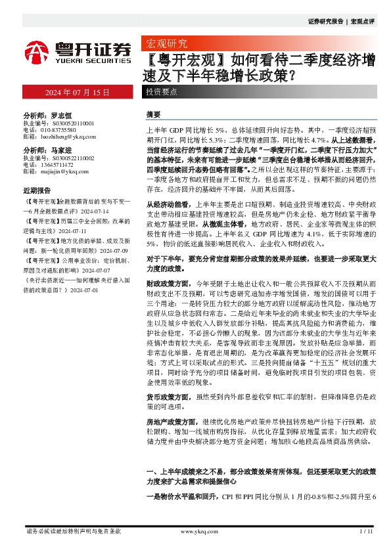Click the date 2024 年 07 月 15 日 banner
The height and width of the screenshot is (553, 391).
coord(78,92)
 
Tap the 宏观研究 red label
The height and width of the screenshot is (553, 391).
coord(165,45)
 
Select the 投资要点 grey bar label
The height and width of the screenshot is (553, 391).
coord(162,93)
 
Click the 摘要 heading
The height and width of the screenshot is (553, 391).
coord(153,114)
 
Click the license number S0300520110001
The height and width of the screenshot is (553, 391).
coord(68,122)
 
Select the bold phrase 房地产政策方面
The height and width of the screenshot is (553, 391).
coord(168,420)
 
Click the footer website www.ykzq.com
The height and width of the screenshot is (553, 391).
coord(197,531)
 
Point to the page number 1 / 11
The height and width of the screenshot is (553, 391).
coord(366,531)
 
